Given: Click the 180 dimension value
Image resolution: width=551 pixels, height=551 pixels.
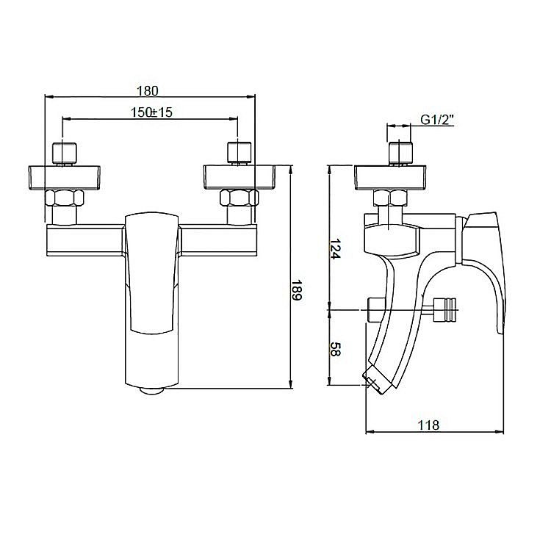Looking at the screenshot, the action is pyautogui.click(x=148, y=90).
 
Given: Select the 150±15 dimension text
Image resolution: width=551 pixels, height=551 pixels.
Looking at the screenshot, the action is pyautogui.click(x=151, y=112).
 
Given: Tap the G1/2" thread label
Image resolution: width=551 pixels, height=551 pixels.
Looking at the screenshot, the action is pyautogui.click(x=437, y=120).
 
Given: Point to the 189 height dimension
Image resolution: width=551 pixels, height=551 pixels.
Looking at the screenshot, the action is pyautogui.click(x=297, y=290).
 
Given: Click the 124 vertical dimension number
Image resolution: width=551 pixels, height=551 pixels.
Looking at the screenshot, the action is pyautogui.click(x=335, y=249).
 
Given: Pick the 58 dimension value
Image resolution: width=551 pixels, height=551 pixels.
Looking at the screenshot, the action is pyautogui.click(x=335, y=349).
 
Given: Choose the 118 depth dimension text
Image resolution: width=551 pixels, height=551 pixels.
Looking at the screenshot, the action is pyautogui.click(x=428, y=425).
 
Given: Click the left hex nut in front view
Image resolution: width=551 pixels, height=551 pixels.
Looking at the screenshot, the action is pyautogui.click(x=65, y=198).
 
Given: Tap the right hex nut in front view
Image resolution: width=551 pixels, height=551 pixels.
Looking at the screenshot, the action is pyautogui.click(x=239, y=198).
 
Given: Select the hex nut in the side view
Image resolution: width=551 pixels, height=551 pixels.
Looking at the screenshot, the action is pyautogui.click(x=390, y=198).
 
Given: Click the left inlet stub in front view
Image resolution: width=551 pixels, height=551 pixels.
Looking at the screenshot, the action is pyautogui.click(x=65, y=154).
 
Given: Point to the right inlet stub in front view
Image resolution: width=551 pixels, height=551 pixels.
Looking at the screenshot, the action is pyautogui.click(x=240, y=154).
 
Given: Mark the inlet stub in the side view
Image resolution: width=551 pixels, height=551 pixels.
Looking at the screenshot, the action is pyautogui.click(x=400, y=154).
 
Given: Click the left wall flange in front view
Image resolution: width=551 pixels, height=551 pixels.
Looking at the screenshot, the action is pyautogui.click(x=64, y=178).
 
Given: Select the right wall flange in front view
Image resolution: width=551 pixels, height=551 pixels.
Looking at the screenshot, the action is pyautogui.click(x=240, y=178).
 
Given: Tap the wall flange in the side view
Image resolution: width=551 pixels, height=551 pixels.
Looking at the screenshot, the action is pyautogui.click(x=390, y=178).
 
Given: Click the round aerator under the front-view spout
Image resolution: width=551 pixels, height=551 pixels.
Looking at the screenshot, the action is pyautogui.click(x=152, y=390).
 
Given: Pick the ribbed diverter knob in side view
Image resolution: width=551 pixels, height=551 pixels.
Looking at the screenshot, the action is pyautogui.click(x=444, y=309).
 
